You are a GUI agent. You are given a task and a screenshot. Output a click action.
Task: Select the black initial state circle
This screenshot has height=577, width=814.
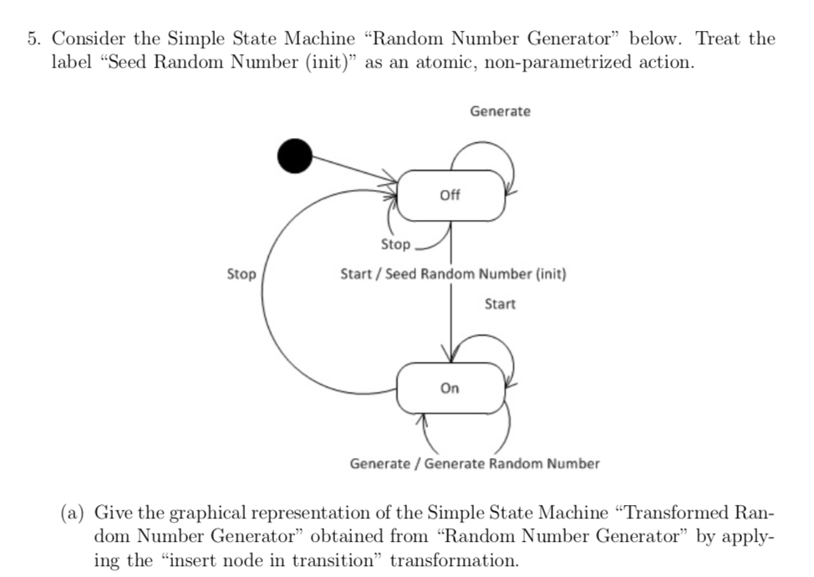click(x=295, y=156)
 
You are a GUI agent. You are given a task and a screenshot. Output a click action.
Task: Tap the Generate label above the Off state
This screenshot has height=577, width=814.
click(x=500, y=112)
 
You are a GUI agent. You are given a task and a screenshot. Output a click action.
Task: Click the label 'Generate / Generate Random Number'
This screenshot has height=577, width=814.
click(x=475, y=463)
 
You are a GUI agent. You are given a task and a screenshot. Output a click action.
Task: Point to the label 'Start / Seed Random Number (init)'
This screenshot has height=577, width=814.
click(x=453, y=273)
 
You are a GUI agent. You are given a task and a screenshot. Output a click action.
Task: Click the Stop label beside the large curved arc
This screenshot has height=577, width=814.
click(x=242, y=273)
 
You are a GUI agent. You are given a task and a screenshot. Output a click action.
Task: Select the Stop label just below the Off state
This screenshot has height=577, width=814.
click(x=395, y=244)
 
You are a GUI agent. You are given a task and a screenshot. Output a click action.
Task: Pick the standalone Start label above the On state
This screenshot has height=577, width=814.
click(x=500, y=304)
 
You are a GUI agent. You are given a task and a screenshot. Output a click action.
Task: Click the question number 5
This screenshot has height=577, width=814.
click(x=33, y=39)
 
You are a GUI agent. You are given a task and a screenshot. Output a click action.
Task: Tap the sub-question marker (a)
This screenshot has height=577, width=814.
click(x=72, y=513)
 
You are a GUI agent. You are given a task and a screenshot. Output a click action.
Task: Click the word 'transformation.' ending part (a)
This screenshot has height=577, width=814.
click(x=455, y=560)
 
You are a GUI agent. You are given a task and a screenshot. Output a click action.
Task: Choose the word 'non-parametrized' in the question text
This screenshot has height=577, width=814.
click(x=558, y=63)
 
